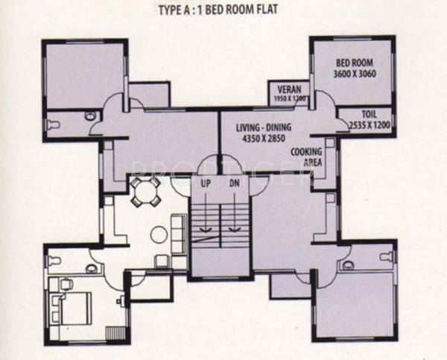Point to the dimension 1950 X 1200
pyautogui.click(x=289, y=98)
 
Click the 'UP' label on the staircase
pyautogui.click(x=206, y=183)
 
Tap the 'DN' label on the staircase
pyautogui.click(x=234, y=183)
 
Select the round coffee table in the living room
pyautogui.click(x=159, y=234)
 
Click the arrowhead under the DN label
pyautogui.click(x=234, y=230)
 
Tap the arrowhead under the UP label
pyautogui.click(x=206, y=230)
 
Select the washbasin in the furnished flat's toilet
pyautogui.click(x=92, y=267)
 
